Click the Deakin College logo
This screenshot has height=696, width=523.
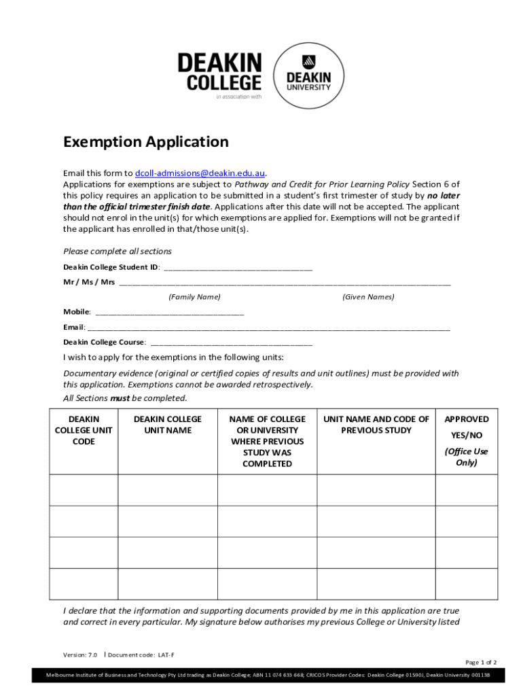(x=219, y=73)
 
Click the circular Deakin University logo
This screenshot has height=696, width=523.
(x=308, y=75)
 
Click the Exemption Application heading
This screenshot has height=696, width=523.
(x=146, y=142)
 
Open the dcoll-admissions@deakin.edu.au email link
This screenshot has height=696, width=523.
(x=200, y=173)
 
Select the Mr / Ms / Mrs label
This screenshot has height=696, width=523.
(x=89, y=282)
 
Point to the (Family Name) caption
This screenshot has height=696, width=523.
(x=194, y=297)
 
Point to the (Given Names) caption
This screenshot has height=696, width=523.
(x=368, y=297)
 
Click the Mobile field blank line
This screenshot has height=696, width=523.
(x=169, y=312)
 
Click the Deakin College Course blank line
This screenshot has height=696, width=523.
(x=231, y=343)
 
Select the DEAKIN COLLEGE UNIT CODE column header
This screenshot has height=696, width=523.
(x=84, y=430)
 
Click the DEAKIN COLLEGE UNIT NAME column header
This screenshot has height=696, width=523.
(x=168, y=425)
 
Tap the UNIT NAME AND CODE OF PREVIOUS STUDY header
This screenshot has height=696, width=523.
(x=376, y=425)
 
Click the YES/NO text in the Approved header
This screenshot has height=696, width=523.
(x=466, y=436)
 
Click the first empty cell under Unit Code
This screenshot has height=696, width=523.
(x=84, y=489)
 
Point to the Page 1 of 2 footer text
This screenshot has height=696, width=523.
(x=481, y=662)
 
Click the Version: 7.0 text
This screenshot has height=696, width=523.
(x=80, y=655)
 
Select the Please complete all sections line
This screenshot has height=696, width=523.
(x=118, y=251)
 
